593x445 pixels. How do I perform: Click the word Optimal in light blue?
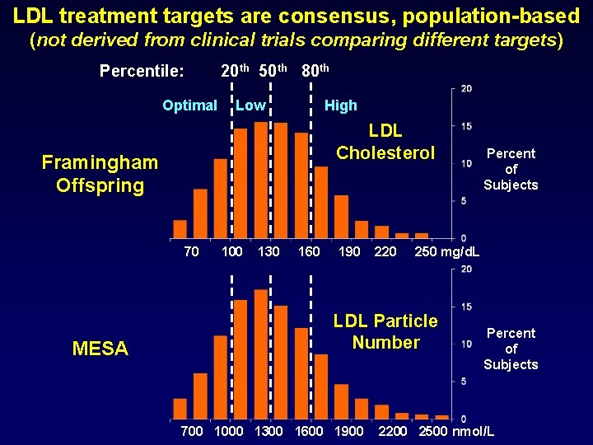point(189,105)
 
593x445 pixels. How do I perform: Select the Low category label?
point(250,105)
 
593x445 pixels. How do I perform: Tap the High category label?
point(340,105)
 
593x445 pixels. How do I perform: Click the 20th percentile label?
point(236,71)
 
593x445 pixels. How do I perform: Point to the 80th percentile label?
point(315,71)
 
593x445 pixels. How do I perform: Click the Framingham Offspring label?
point(100,174)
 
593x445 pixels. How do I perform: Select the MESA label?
point(100,349)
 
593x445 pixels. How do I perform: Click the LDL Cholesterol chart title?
point(385,142)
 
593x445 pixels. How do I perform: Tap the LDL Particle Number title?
point(385,331)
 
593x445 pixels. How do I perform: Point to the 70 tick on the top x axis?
point(191,251)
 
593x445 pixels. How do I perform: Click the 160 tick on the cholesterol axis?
point(309,251)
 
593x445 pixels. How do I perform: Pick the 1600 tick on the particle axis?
point(309,431)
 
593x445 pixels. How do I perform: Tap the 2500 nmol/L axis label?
point(457,431)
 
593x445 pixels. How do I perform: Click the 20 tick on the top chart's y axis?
point(466,89)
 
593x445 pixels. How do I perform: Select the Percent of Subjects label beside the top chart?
point(511,169)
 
